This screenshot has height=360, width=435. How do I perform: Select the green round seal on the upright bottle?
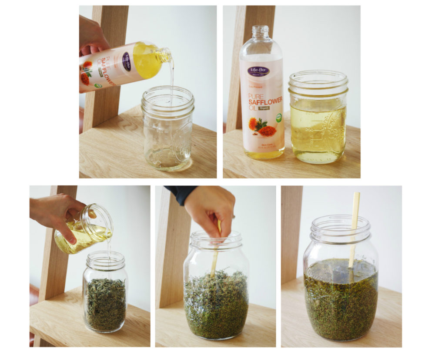click(278, 117)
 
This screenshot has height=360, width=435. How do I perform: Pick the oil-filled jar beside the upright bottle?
click(318, 118)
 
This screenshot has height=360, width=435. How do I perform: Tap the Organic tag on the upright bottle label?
click(264, 108)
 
